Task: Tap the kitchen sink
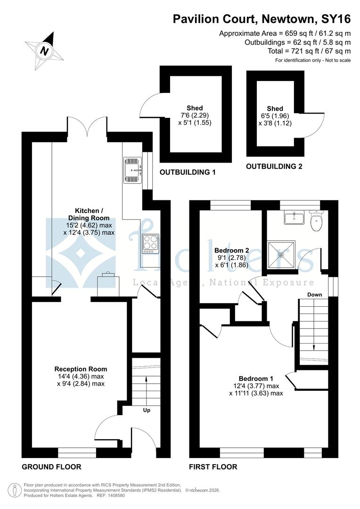(x=132, y=170)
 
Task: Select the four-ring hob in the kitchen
(x=150, y=243)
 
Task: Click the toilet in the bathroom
(x=317, y=221)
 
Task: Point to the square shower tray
(x=281, y=255)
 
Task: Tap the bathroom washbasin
(x=295, y=217)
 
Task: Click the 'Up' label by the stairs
(x=147, y=410)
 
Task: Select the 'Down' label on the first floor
(x=314, y=295)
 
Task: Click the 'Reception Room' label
(x=81, y=369)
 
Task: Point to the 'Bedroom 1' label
(x=256, y=378)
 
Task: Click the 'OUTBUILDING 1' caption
(x=188, y=172)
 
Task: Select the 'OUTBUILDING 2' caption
(x=274, y=166)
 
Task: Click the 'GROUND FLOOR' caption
(x=51, y=467)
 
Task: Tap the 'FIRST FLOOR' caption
(x=213, y=467)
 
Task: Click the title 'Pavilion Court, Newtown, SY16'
(x=262, y=19)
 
